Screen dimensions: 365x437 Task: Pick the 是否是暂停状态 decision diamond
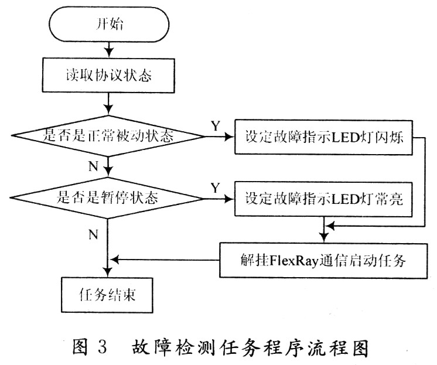[x=110, y=199]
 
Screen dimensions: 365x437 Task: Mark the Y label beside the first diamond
[x=215, y=125]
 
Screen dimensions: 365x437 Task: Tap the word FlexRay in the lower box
[x=291, y=260]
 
